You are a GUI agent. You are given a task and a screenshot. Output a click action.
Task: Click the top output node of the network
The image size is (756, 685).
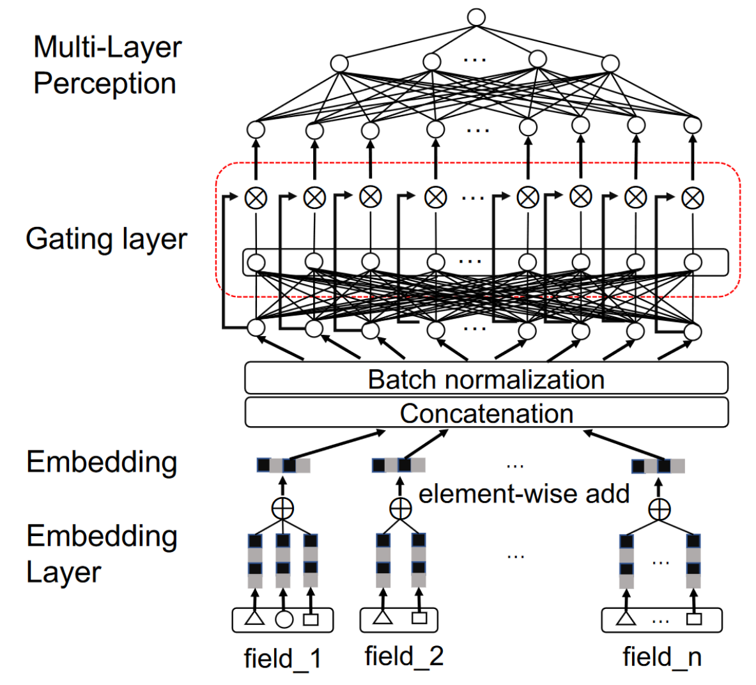tap(476, 17)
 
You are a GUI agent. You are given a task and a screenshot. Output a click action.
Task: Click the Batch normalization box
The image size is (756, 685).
tap(486, 379)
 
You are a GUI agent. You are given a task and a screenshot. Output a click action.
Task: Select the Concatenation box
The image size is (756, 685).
tap(486, 413)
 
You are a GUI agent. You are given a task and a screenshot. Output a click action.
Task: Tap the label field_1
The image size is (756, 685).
tap(282, 658)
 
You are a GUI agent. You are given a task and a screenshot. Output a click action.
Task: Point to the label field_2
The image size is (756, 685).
tap(404, 656)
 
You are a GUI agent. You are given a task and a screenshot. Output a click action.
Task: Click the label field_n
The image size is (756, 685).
tap(662, 656)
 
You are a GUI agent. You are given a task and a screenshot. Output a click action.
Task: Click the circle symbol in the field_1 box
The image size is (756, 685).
tap(283, 619)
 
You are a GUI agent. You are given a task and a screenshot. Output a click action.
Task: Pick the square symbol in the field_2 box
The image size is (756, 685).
tap(419, 618)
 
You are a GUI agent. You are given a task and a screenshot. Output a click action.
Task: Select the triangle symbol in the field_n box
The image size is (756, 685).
tap(626, 618)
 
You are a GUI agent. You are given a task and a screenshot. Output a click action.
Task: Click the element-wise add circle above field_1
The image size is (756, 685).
tap(282, 509)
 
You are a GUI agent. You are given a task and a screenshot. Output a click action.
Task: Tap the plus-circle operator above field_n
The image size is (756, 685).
tap(660, 509)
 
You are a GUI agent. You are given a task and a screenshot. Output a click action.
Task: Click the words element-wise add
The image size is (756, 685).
tap(523, 494)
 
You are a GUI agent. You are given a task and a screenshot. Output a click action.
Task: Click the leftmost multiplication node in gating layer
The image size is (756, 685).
tap(256, 197)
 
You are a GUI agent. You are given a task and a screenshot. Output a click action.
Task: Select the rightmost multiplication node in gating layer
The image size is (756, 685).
tap(692, 197)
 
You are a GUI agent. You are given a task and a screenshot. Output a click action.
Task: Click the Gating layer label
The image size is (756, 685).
tap(106, 239)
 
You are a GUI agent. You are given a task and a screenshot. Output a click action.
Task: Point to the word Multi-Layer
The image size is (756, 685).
tap(107, 47)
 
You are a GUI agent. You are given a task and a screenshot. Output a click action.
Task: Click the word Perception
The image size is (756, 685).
tap(105, 84)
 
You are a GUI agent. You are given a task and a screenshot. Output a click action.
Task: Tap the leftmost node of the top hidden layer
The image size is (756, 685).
tap(339, 63)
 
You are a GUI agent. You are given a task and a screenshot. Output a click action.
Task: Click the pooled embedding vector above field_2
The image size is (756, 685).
tap(398, 465)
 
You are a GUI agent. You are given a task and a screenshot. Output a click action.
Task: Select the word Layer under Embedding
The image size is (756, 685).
tap(63, 572)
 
